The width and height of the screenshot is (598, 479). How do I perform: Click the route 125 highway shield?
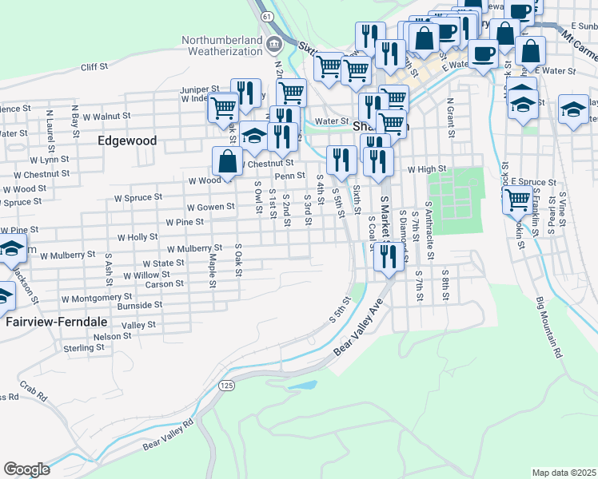(227, 385)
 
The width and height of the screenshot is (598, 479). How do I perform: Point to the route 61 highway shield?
(267, 16)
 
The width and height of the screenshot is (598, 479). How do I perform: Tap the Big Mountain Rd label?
(549, 330)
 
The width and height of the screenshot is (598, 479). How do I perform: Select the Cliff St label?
(94, 68)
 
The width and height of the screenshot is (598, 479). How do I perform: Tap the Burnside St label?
(140, 305)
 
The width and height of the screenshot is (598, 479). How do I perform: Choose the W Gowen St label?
(210, 207)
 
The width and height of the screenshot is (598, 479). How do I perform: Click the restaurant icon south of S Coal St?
(388, 256)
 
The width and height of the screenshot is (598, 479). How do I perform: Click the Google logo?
(26, 469)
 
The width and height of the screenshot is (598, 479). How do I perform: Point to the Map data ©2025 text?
(564, 473)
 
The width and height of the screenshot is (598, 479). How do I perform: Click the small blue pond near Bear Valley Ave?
(301, 386)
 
